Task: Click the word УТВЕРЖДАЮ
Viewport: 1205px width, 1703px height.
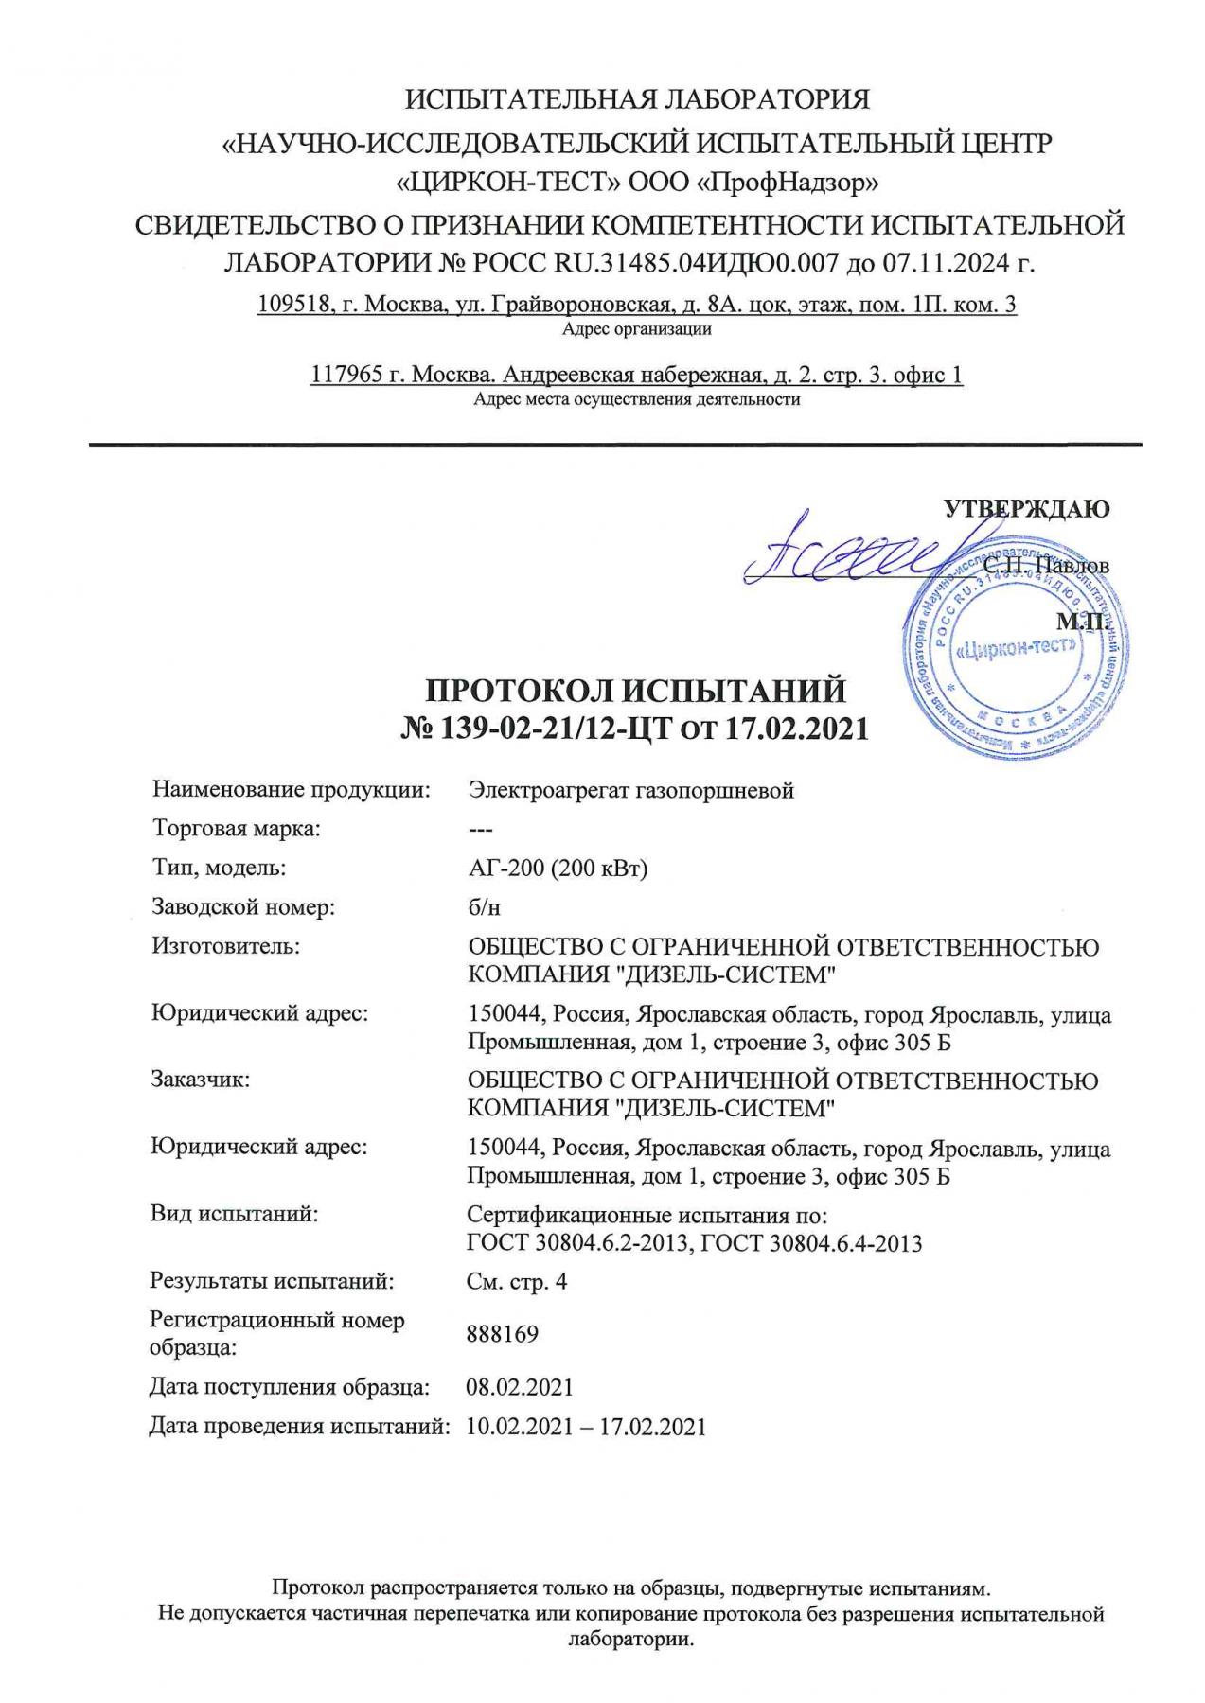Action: (x=1026, y=509)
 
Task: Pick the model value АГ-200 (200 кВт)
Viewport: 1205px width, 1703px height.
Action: (x=558, y=868)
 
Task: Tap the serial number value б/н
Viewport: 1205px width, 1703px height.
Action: (x=484, y=907)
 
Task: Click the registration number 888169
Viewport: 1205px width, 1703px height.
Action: (x=503, y=1334)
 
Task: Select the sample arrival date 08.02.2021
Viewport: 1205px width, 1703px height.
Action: (x=520, y=1387)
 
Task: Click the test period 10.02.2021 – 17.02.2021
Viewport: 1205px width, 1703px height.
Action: (x=586, y=1427)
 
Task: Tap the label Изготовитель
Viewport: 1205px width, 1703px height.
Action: (x=225, y=946)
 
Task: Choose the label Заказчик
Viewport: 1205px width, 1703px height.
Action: (x=201, y=1080)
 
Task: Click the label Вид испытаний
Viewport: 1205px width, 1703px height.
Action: (x=234, y=1215)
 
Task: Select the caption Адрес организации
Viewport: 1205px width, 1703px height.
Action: (x=636, y=330)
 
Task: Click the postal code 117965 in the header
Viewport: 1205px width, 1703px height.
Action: (x=346, y=375)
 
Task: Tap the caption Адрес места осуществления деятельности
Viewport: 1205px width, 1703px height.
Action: (x=636, y=399)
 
